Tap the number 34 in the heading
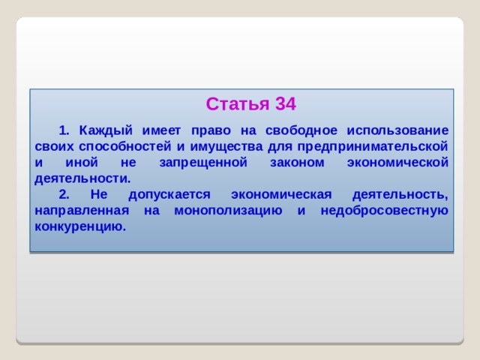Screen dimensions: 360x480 pos(286,104)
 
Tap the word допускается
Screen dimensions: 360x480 pos(163,195)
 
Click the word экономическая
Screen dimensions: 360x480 pos(281,195)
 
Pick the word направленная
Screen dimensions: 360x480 pos(82,211)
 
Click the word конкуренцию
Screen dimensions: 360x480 pos(79,226)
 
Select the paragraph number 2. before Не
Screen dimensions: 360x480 pos(64,195)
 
